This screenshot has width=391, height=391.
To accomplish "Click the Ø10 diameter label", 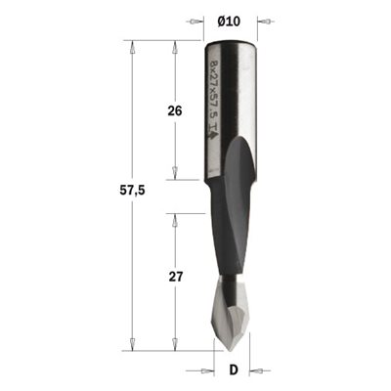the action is point(229,22).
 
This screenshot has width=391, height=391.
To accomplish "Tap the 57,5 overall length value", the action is point(132,191).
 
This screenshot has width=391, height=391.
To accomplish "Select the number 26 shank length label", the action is point(175,111).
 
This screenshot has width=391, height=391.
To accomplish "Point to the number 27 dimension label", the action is point(176,277).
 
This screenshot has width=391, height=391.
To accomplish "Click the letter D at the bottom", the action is point(234,370).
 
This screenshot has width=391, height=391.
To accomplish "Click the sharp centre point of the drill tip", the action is point(227,349).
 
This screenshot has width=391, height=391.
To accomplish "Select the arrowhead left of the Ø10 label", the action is point(195,22).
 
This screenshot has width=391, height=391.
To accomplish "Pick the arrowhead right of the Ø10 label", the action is point(266,22).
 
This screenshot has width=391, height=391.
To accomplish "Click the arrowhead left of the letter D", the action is point(206,370).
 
